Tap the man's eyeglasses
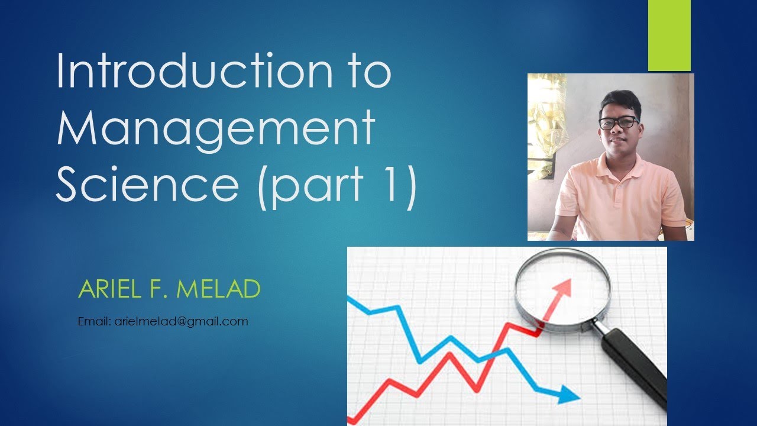pyautogui.click(x=619, y=122)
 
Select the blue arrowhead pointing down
pyautogui.click(x=569, y=395)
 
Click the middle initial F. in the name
pyautogui.click(x=164, y=289)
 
